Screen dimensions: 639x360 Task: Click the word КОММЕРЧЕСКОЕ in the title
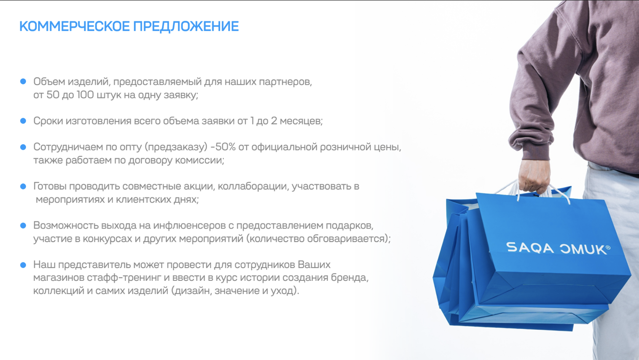pyautogui.click(x=74, y=26)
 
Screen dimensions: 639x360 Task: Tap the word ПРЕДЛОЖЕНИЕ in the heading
pyautogui.click(x=186, y=26)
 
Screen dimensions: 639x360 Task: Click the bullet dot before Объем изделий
pyautogui.click(x=23, y=82)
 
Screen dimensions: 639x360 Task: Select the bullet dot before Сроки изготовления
pyautogui.click(x=23, y=121)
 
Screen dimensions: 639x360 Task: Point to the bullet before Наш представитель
pyautogui.click(x=23, y=265)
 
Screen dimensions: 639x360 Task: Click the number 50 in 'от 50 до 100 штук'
pyautogui.click(x=53, y=95)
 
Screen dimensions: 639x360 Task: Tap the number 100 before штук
pyautogui.click(x=85, y=95)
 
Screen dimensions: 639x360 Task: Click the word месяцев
pyautogui.click(x=301, y=121)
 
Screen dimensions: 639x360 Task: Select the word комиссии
pyautogui.click(x=200, y=160)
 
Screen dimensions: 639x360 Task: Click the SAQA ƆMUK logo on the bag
pyautogui.click(x=558, y=248)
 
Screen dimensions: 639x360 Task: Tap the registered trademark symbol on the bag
pyautogui.click(x=607, y=247)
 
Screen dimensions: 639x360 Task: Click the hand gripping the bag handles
pyautogui.click(x=534, y=175)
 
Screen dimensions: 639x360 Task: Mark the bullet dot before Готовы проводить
pyautogui.click(x=23, y=187)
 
